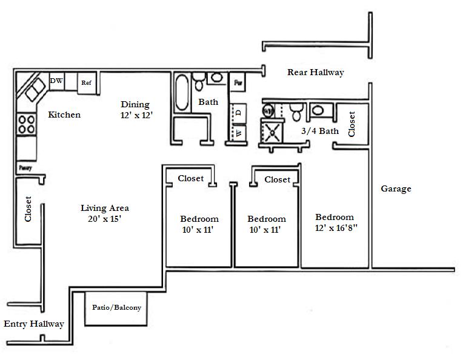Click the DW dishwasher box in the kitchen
coord(56,81)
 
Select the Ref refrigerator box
coord(87,82)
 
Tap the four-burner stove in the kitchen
coord(26,124)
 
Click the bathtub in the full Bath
coord(182,92)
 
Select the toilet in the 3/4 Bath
coord(296,112)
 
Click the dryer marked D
coord(239,112)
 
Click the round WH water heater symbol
coord(268,111)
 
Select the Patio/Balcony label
coord(116,307)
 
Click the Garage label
coord(396,188)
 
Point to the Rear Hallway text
coord(315,72)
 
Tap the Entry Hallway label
coord(33,324)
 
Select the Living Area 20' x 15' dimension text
coord(105,219)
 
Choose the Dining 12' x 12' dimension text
coord(135,115)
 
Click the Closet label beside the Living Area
coord(28,208)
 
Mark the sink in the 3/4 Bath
coord(318,110)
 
